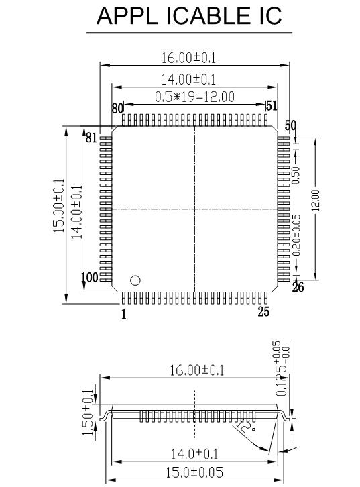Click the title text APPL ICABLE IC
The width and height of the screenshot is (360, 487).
(190, 15)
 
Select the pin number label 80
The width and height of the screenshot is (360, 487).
(117, 108)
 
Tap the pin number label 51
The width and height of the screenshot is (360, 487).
(272, 106)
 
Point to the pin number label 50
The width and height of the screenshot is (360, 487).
(290, 125)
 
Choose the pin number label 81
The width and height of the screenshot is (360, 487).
(91, 138)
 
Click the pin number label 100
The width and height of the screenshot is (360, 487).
(89, 278)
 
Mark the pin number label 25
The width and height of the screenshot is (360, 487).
(265, 311)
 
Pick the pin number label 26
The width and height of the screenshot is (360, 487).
(298, 288)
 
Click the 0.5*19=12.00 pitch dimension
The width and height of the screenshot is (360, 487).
(194, 97)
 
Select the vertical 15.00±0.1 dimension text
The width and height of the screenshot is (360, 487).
(58, 206)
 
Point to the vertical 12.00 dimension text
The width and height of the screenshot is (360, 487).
(315, 199)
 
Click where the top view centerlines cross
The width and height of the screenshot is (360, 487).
(194, 209)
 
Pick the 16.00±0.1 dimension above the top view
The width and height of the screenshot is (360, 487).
(194, 58)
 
